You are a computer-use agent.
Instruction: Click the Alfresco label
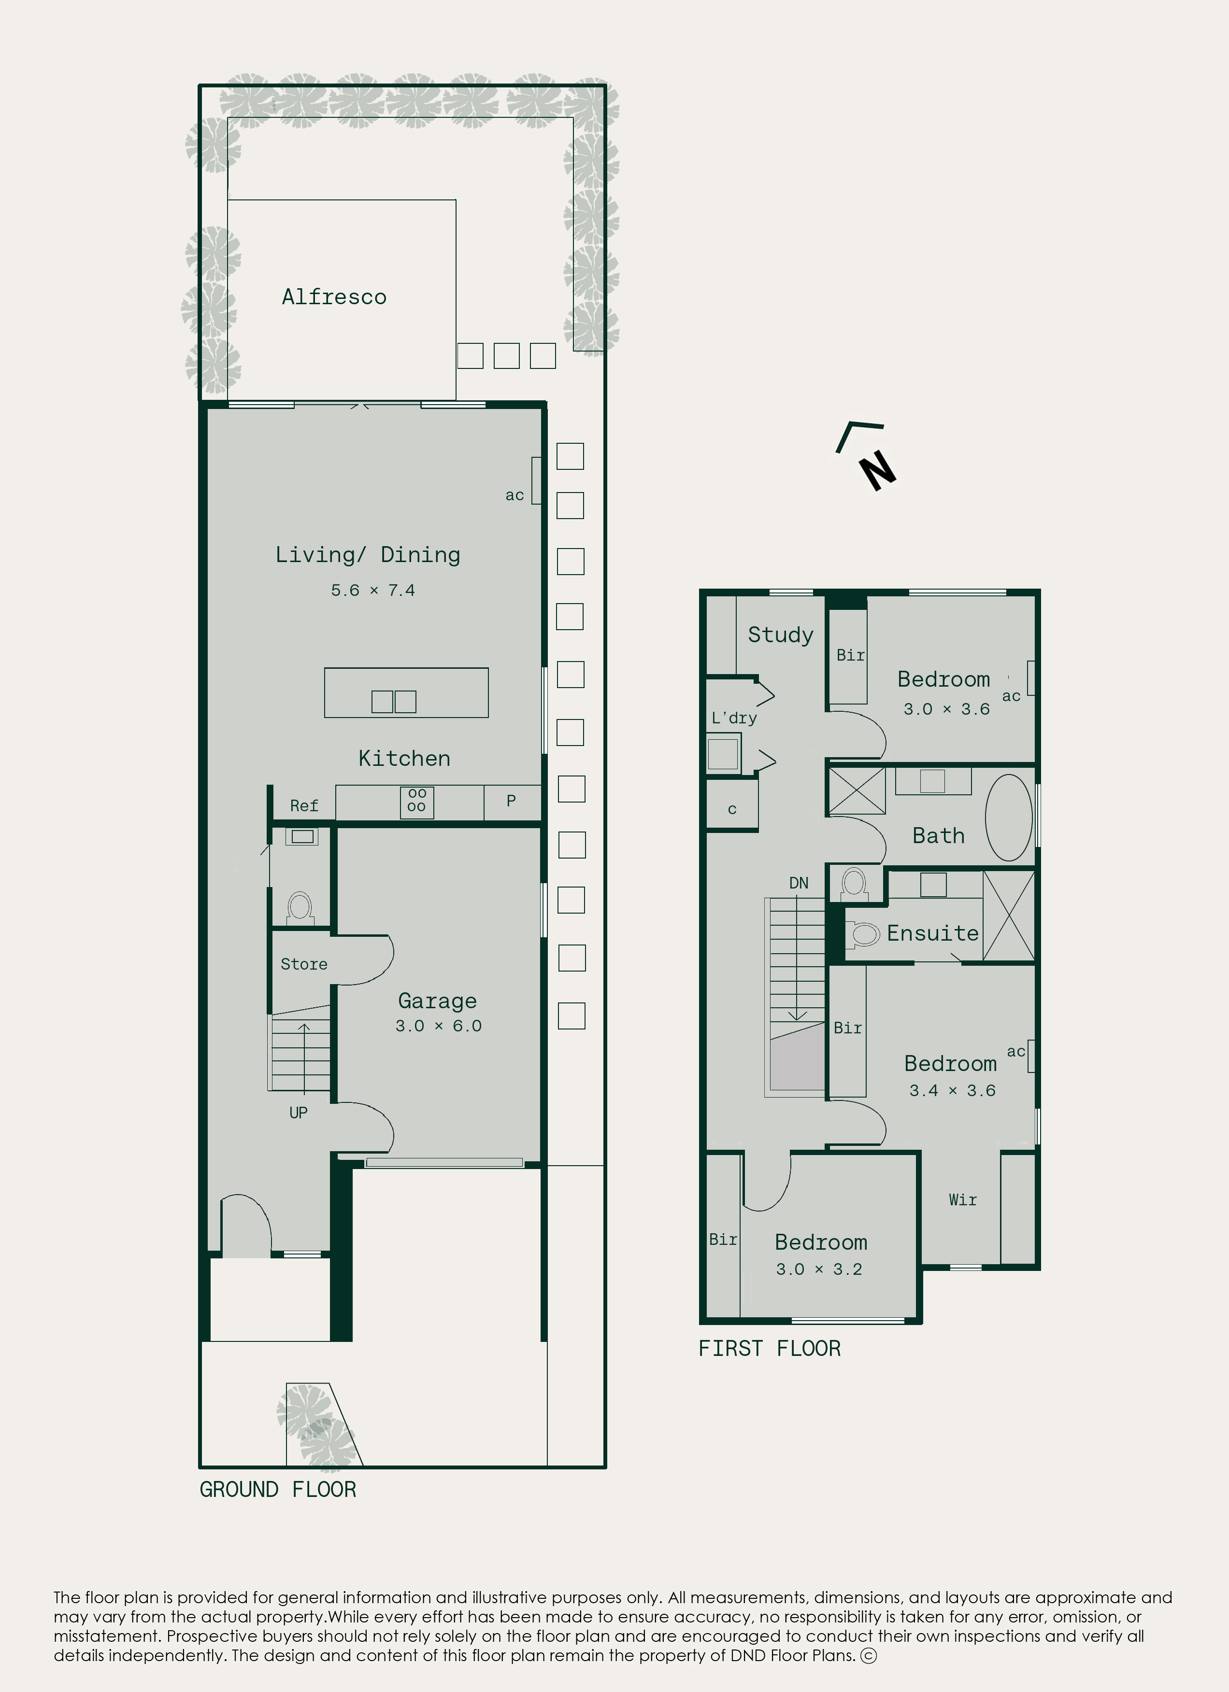(x=334, y=297)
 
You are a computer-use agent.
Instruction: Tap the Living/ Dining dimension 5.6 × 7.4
(x=373, y=590)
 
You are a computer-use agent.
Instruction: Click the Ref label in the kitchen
(x=304, y=806)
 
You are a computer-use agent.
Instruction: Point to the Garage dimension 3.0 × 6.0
(x=439, y=1026)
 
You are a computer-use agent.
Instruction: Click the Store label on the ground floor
(x=304, y=964)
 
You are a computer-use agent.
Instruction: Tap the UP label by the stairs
(x=299, y=1113)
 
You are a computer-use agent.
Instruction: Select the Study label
(x=781, y=635)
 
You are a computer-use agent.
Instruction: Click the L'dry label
(x=734, y=718)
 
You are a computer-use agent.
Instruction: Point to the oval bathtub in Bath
(x=1009, y=818)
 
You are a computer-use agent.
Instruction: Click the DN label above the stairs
(x=799, y=883)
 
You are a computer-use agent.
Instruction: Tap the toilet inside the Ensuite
(x=864, y=934)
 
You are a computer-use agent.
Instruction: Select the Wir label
(x=963, y=1199)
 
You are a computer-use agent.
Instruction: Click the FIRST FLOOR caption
(x=770, y=1348)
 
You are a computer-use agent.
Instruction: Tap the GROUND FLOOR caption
(x=278, y=1489)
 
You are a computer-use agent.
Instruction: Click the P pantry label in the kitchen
(x=511, y=801)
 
